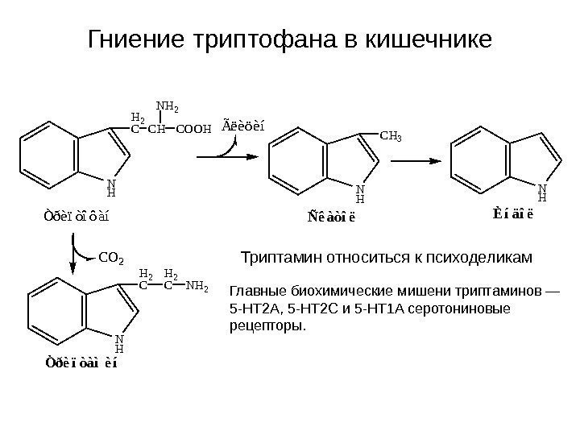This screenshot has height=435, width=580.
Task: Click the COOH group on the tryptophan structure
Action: pyautogui.click(x=193, y=128)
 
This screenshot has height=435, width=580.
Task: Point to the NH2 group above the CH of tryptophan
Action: pyautogui.click(x=167, y=106)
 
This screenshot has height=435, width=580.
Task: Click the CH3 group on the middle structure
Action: pyautogui.click(x=390, y=138)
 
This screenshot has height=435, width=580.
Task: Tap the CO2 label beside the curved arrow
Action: pyautogui.click(x=111, y=259)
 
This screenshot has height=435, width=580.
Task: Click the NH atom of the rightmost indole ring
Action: pyautogui.click(x=542, y=190)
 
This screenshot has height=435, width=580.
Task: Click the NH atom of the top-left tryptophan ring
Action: pyautogui.click(x=111, y=188)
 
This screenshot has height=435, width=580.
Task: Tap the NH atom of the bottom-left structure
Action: pyautogui.click(x=119, y=345)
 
